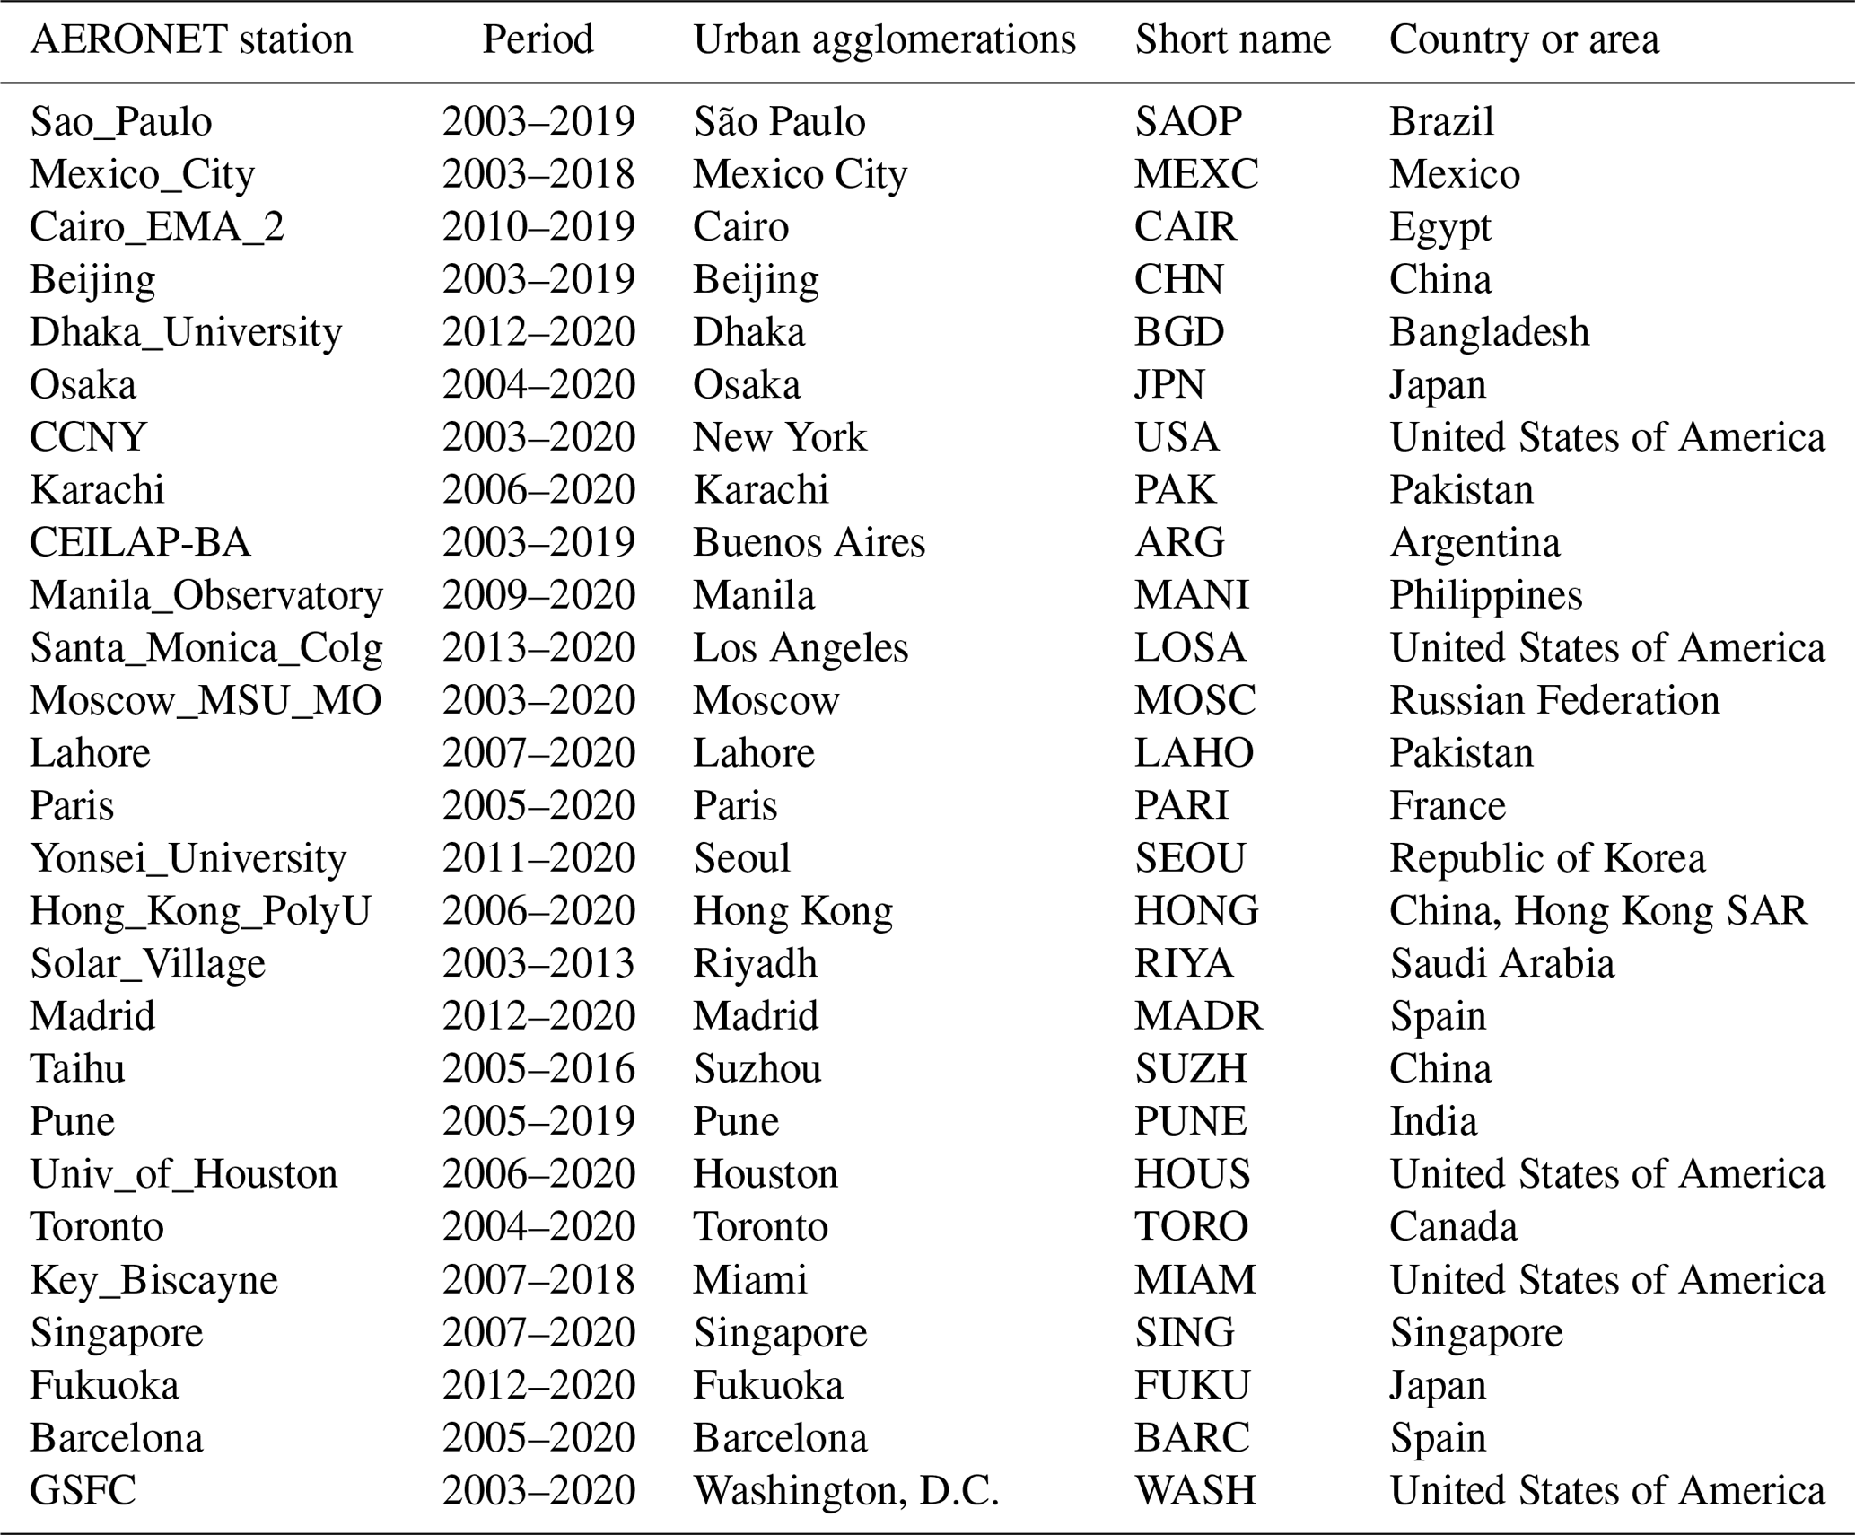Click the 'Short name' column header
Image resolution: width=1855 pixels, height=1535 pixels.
point(1232,40)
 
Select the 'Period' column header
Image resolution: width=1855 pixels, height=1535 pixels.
point(538,40)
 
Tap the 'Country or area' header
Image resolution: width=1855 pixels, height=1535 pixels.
point(1524,40)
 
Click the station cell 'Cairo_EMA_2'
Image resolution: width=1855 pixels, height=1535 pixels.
point(157,227)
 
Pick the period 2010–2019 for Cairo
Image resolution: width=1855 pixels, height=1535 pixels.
point(538,227)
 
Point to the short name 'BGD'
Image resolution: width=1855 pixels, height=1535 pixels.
point(1178,332)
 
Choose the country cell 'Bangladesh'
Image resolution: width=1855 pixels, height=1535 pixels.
point(1489,332)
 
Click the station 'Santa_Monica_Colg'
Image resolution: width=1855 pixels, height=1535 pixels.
point(206,648)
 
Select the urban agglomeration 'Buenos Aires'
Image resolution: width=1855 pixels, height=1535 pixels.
point(809,543)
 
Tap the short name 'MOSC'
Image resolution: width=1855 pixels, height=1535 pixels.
point(1194,700)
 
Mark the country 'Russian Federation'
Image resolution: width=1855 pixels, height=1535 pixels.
point(1554,700)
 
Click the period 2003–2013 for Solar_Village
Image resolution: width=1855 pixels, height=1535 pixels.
point(538,963)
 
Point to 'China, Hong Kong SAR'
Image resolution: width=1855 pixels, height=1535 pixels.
point(1597,911)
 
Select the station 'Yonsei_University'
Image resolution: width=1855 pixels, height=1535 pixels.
point(188,858)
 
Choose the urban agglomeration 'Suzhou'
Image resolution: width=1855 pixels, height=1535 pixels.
point(757,1069)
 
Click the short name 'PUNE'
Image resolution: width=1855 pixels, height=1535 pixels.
point(1190,1121)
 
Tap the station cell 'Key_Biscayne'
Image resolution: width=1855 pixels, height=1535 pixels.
point(153,1280)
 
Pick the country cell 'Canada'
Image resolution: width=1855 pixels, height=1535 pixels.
point(1453,1227)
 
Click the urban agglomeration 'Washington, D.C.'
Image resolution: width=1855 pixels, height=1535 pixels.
point(845,1491)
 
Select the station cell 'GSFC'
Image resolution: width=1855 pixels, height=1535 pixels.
point(83,1491)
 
